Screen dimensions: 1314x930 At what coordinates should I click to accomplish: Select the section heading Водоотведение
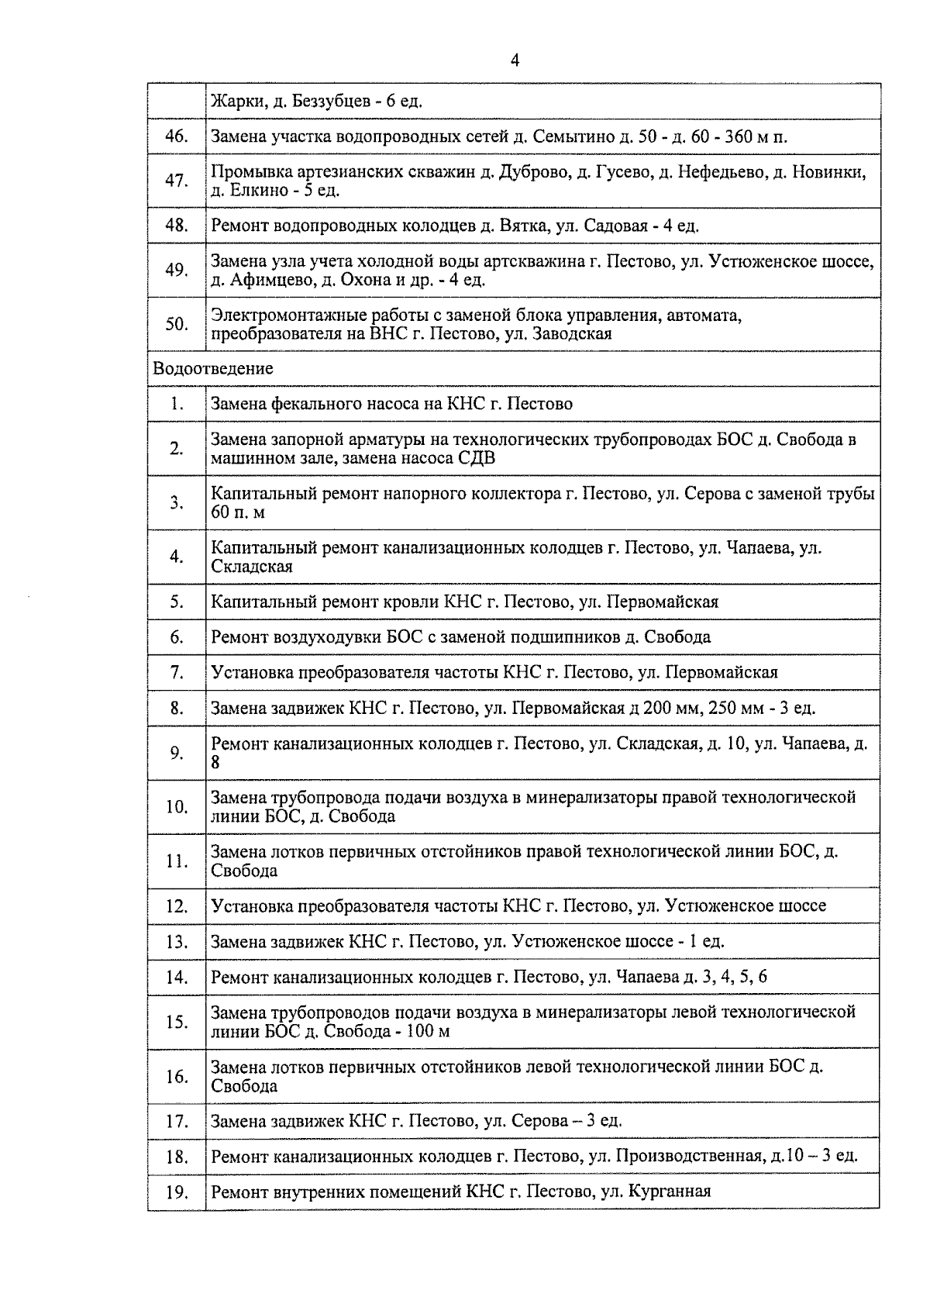[x=213, y=368]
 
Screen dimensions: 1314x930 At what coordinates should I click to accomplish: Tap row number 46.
[x=177, y=136]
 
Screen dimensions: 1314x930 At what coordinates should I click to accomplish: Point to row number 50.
[x=177, y=324]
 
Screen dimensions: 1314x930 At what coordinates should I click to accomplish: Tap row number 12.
[x=177, y=906]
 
